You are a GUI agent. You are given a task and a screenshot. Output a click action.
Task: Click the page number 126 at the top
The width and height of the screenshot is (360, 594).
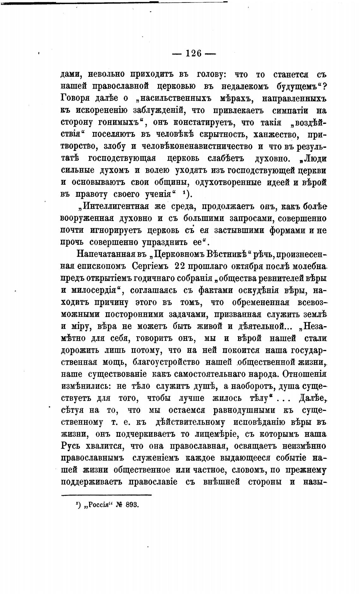(194, 53)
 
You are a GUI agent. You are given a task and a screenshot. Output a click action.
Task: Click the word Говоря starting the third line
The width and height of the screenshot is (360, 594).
(75, 98)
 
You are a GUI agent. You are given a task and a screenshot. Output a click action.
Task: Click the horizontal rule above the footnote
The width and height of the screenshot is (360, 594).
(106, 495)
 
